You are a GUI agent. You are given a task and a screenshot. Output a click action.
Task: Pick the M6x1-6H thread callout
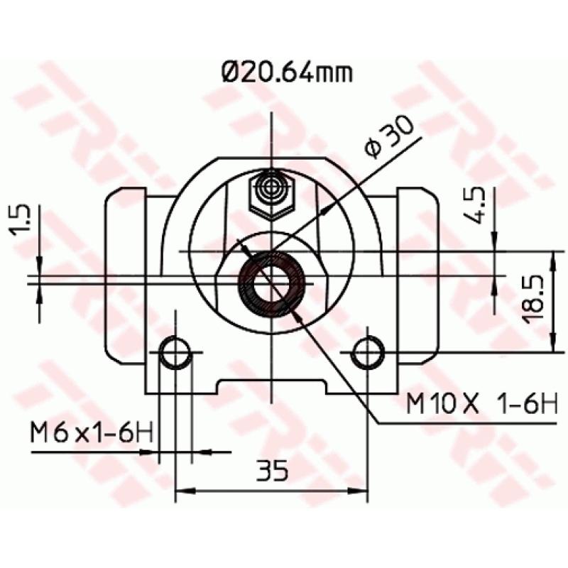click(91, 432)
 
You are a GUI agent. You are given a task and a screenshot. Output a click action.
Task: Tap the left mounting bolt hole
click(175, 352)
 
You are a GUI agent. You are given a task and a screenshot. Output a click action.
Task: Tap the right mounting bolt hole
click(368, 351)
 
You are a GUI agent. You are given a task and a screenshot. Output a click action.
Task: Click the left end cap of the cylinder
click(126, 277)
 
